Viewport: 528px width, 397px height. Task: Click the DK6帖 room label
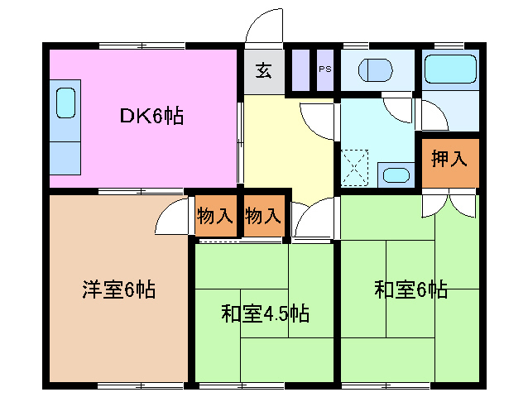pos(151,116)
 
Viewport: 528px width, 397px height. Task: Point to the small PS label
pos(324,69)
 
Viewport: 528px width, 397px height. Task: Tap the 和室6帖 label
pos(410,289)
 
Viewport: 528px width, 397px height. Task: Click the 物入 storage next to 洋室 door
pos(215,218)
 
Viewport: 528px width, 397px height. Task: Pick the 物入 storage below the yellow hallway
pos(263,218)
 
